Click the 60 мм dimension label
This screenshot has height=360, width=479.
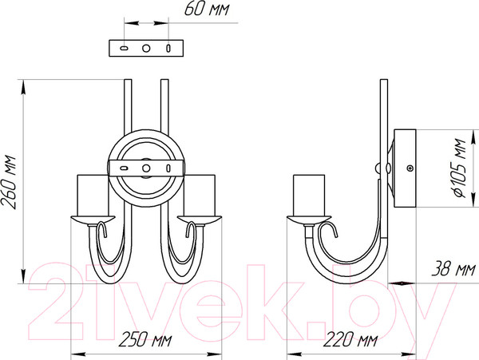coord(207,9)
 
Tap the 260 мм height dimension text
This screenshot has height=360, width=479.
coord(9,182)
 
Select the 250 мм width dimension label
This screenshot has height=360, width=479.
coord(145,340)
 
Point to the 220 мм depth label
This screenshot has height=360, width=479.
coord(350,340)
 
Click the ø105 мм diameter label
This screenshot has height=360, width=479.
coord(459,168)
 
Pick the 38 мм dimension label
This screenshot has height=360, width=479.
coord(453,269)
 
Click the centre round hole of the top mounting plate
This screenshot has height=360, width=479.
coord(146,48)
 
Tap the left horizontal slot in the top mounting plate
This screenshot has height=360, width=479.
coord(124,48)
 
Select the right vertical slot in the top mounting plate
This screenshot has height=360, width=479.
coord(168,48)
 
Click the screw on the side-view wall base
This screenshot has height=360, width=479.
coord(410,168)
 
